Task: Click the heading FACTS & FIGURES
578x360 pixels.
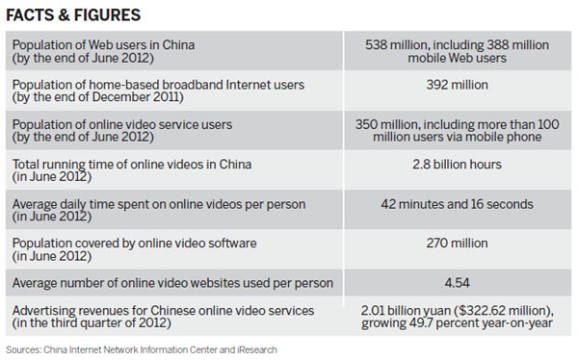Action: point(72,15)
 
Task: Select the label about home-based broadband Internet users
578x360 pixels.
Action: point(156,85)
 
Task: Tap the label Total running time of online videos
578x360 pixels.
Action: point(129,164)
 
